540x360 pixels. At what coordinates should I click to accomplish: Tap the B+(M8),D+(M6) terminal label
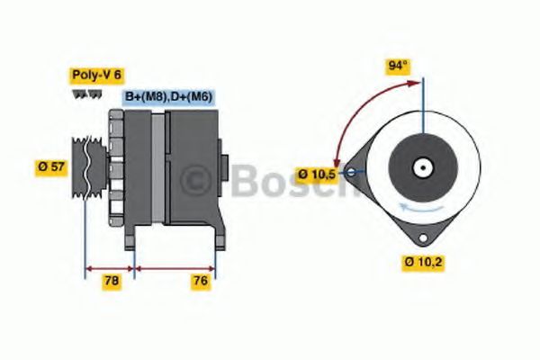(x=168, y=96)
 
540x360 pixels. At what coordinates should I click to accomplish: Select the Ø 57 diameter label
(x=51, y=166)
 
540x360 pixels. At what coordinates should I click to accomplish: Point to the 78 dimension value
(x=112, y=282)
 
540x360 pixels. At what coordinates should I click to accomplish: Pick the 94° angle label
(x=398, y=67)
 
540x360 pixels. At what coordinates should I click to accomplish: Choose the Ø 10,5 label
(x=318, y=173)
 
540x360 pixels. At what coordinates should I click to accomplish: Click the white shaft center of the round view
(x=420, y=167)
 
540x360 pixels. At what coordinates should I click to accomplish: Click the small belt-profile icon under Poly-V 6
(x=80, y=94)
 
